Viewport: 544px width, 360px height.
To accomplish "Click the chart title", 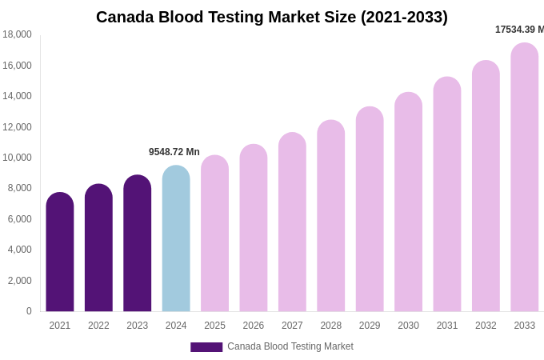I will pos(272,17).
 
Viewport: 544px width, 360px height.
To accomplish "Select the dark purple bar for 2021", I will pos(60,252).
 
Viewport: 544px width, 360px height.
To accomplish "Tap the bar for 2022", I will pos(98,248).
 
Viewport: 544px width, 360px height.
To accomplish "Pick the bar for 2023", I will pos(138,243).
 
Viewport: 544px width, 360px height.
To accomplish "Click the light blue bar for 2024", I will pos(176,238).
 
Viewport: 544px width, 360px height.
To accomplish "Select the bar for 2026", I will pos(254,228).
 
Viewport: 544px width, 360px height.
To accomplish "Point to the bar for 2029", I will pos(370,209).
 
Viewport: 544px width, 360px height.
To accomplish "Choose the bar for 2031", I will pos(447,194).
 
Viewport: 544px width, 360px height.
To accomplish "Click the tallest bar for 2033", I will pos(525,177).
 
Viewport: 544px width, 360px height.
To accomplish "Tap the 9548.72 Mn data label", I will pos(174,152).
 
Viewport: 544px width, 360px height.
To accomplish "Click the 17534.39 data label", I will pos(519,30).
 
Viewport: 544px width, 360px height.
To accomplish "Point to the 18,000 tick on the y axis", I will pos(17,34).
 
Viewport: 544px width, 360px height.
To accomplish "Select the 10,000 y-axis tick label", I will pos(17,158).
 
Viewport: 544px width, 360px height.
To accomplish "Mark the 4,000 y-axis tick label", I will pos(19,250).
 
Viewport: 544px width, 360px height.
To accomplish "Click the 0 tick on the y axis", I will pos(29,311).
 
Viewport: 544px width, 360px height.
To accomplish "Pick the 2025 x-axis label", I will pos(214,326).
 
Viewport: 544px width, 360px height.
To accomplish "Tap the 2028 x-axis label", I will pos(331,326).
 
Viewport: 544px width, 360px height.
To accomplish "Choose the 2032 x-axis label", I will pos(486,326).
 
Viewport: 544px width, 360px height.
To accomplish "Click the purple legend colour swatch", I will pos(206,347).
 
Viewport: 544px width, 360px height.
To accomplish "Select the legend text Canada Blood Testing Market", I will pos(290,346).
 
